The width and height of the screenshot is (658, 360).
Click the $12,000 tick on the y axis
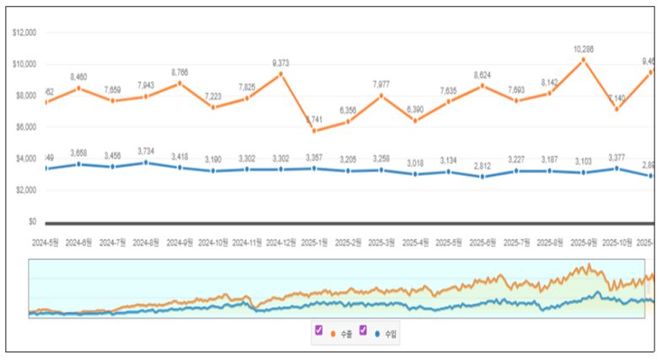(x=24, y=33)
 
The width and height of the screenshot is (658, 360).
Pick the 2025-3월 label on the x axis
(x=381, y=242)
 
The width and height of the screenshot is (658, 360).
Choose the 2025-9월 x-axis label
(x=584, y=242)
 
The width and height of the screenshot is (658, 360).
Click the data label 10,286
(x=583, y=49)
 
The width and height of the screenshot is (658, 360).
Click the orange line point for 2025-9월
(x=583, y=60)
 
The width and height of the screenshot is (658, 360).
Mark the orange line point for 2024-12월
(x=281, y=74)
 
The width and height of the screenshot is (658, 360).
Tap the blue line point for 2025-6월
(x=483, y=177)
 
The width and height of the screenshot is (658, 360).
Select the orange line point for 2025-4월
(x=415, y=121)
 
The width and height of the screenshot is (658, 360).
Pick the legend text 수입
(x=391, y=335)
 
